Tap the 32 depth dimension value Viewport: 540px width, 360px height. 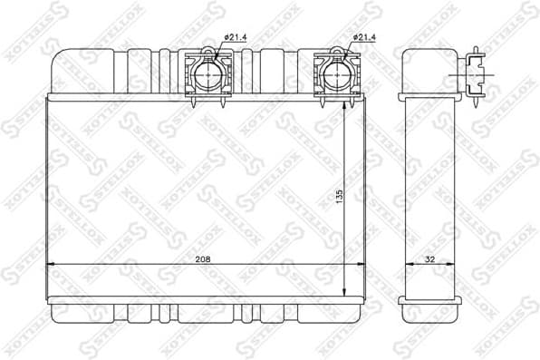pyautogui.click(x=429, y=258)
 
